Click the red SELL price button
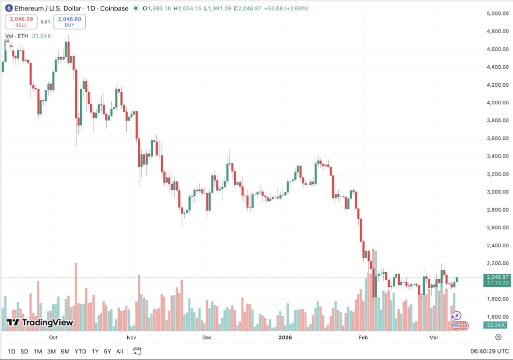[x=21, y=22]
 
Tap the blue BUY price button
[x=70, y=22]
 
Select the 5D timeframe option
[x=24, y=351]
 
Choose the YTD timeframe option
[x=80, y=351]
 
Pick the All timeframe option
[x=119, y=351]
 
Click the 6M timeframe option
[x=65, y=351]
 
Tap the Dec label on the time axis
[x=207, y=337]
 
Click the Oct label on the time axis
[x=53, y=337]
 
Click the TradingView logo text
[x=40, y=322]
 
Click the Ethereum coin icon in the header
[x=9, y=9]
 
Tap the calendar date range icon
[x=137, y=351]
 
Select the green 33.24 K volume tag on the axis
[x=496, y=325]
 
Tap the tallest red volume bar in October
[x=76, y=296]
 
